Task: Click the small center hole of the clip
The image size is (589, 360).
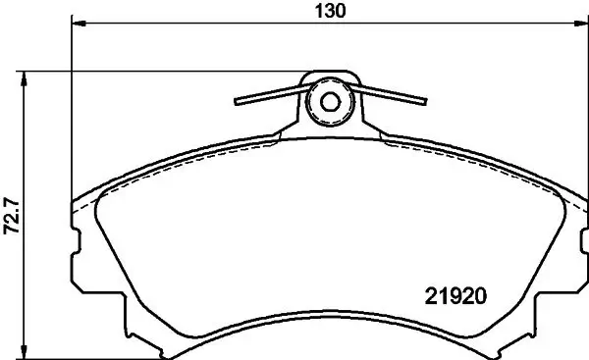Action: point(329,101)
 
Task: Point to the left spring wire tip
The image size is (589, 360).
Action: point(237,100)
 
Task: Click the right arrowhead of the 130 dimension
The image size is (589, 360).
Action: point(579,24)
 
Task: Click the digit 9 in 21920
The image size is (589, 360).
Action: point(459,293)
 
